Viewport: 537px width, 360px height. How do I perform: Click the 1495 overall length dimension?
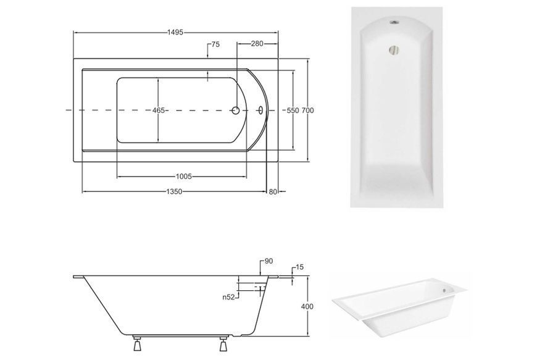click(175, 33)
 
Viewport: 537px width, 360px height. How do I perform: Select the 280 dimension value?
click(257, 44)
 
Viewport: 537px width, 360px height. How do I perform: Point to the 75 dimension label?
click(215, 44)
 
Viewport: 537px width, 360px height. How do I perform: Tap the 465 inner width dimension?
click(159, 111)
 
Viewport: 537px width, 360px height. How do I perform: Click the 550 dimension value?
click(293, 111)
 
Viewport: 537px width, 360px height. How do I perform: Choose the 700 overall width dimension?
click(308, 111)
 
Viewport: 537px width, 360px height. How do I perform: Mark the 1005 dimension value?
click(183, 177)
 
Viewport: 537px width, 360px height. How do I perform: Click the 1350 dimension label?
click(174, 192)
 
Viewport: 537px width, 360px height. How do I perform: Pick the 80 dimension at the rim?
click(273, 192)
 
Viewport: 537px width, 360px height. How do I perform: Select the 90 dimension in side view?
click(269, 261)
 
